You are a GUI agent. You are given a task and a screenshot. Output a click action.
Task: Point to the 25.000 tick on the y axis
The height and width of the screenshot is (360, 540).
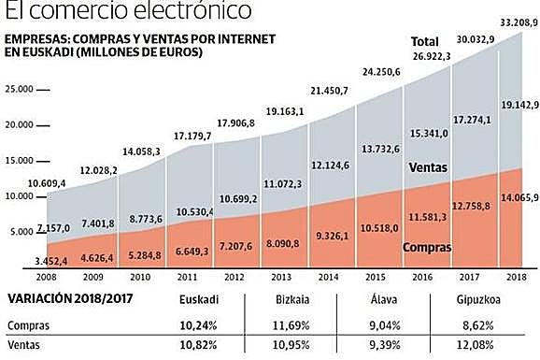[18, 89]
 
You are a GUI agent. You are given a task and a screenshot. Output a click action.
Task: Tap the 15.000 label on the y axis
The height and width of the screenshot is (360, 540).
[18, 161]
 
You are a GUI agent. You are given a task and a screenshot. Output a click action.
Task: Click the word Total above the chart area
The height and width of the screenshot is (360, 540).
[426, 42]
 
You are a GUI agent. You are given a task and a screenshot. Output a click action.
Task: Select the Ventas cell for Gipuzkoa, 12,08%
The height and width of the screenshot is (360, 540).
[490, 346]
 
